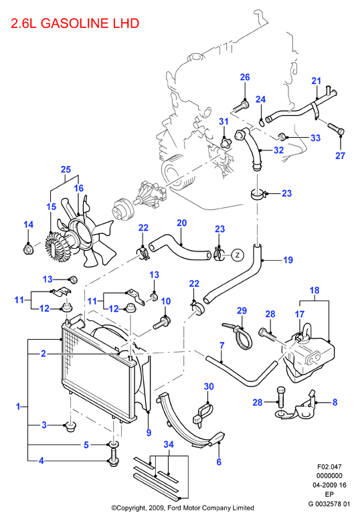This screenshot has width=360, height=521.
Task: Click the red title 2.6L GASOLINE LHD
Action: coord(75,23)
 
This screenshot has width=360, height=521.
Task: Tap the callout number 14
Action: coord(29,225)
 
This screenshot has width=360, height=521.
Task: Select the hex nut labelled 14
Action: coord(28,249)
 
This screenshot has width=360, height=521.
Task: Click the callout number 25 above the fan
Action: coord(66,169)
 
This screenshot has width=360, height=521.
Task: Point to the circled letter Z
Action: coord(238,255)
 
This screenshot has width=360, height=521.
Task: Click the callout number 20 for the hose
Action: coord(182,223)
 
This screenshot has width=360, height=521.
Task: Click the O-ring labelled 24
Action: coord(262,123)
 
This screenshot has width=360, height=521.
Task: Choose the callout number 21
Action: coord(316,81)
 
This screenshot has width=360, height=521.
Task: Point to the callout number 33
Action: coord(315,138)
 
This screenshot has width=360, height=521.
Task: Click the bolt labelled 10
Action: coord(162,322)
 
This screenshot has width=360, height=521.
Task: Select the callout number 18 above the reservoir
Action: coord(314,290)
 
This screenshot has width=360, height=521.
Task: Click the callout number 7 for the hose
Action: coord(222,346)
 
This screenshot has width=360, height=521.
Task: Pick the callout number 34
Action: coord(169,445)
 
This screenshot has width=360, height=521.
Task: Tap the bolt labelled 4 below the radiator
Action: coord(113,457)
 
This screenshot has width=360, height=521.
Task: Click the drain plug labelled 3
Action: coord(70,427)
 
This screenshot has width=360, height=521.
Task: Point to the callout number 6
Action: coord(219,462)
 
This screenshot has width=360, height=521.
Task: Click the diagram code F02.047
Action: coord(329,467)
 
